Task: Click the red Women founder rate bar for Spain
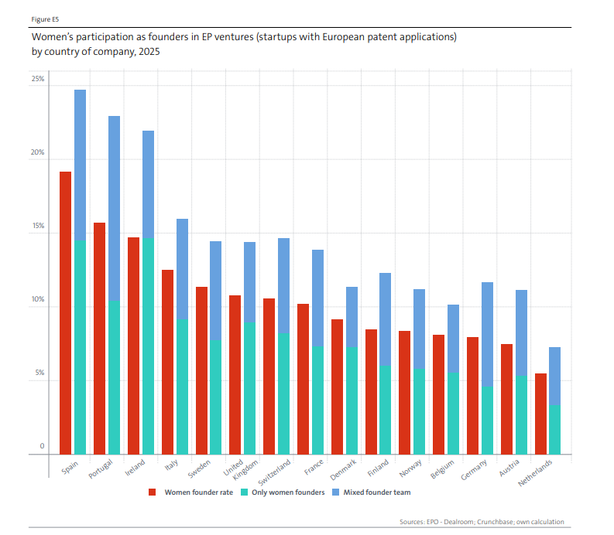coord(65,313)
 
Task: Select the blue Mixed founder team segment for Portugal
coord(115,209)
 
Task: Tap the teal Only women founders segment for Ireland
coord(148,346)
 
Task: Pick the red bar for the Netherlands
coord(540,414)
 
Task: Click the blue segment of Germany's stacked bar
coord(487,334)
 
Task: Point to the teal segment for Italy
coord(182,387)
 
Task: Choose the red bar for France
coord(303,379)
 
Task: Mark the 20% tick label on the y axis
coord(38,152)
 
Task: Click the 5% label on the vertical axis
coord(39,373)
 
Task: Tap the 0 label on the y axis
coord(42,446)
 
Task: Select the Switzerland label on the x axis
coord(275,472)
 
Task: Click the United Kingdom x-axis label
coord(241,469)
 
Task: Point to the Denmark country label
coord(344,469)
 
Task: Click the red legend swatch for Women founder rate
coord(153,492)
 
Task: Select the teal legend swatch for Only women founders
coord(245,492)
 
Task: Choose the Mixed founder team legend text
coord(377,492)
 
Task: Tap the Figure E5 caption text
coord(45,19)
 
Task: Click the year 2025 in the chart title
coord(149,52)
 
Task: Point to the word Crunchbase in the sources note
coord(495,522)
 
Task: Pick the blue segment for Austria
coord(521,332)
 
